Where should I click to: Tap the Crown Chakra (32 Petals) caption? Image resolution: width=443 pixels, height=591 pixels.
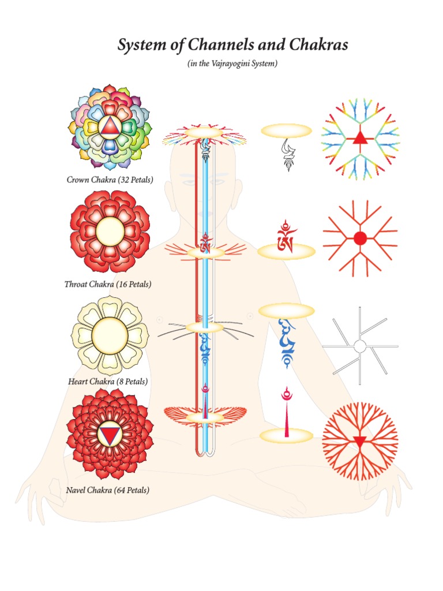click(110, 180)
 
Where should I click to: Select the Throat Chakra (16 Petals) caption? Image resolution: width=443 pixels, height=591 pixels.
click(108, 285)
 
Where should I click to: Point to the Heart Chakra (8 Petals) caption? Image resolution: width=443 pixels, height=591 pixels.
click(108, 381)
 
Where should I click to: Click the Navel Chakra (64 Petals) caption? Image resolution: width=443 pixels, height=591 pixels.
click(108, 491)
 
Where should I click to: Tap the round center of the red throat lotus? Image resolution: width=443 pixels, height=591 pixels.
click(110, 231)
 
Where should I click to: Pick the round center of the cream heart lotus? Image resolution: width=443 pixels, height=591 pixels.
click(110, 335)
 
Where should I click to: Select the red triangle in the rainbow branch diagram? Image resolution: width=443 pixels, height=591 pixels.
click(359, 137)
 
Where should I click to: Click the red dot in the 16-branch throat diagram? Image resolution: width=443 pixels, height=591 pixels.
click(360, 238)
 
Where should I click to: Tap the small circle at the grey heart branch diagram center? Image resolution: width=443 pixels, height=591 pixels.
click(359, 346)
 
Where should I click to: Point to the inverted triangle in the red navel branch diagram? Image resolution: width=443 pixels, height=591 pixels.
click(360, 442)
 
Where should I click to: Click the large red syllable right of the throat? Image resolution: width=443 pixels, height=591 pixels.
click(286, 237)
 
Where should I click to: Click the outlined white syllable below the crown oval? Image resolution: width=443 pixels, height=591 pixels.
click(287, 155)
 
